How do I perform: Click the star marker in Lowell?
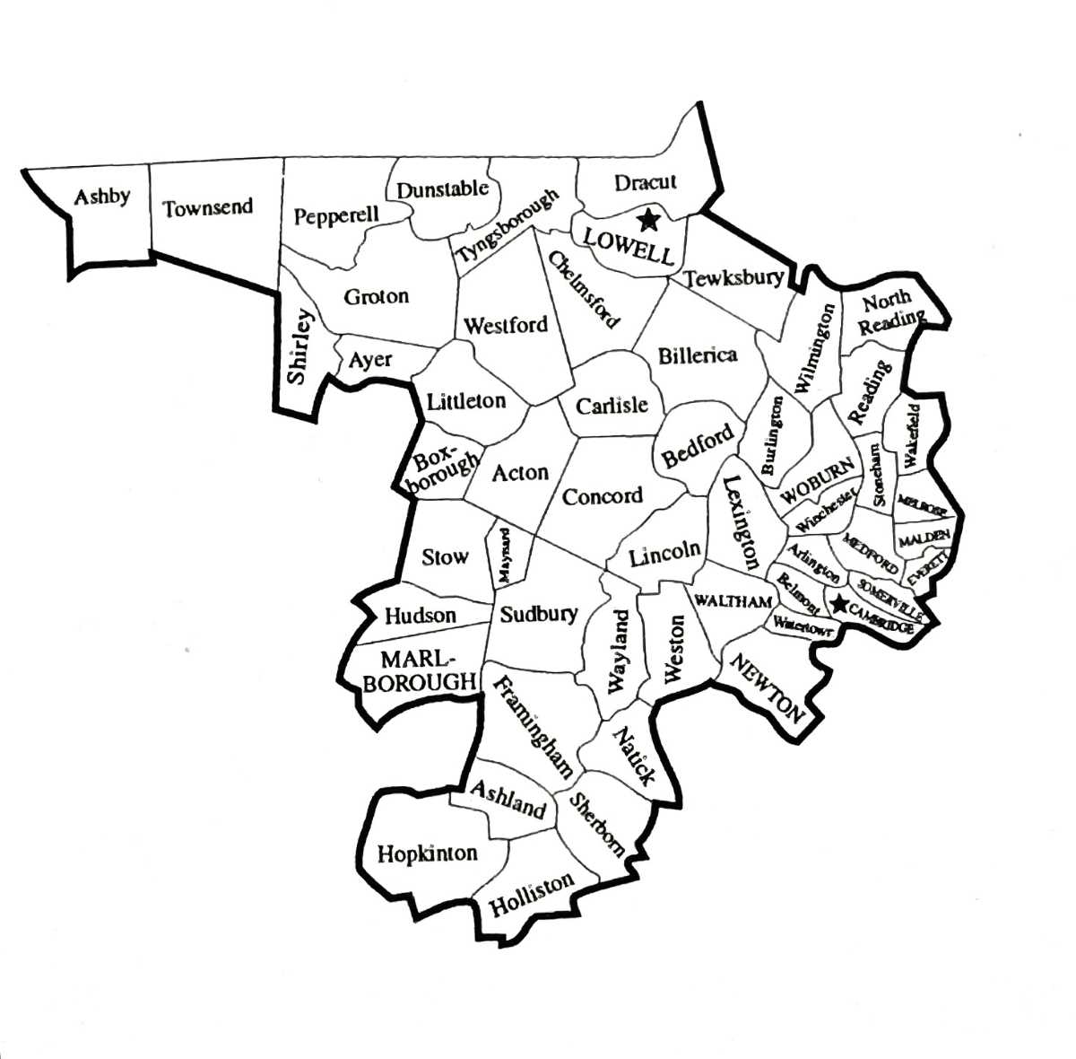pyautogui.click(x=646, y=219)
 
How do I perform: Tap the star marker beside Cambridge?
pyautogui.click(x=839, y=604)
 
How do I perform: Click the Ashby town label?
pyautogui.click(x=102, y=197)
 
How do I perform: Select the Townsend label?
pyautogui.click(x=207, y=207)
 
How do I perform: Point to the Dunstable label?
pyautogui.click(x=442, y=189)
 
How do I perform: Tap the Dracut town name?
pyautogui.click(x=645, y=182)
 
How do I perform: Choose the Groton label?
pyautogui.click(x=377, y=296)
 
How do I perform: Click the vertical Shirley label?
pyautogui.click(x=300, y=346)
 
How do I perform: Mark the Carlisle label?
pyautogui.click(x=612, y=406)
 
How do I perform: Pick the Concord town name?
pyautogui.click(x=603, y=495)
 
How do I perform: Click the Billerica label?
pyautogui.click(x=698, y=355)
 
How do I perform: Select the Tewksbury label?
pyautogui.click(x=733, y=278)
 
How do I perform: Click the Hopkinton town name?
pyautogui.click(x=428, y=853)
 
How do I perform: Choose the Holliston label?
pyautogui.click(x=531, y=895)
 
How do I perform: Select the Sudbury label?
pyautogui.click(x=539, y=615)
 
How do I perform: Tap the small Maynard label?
pyautogui.click(x=504, y=555)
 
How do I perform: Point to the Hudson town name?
pyautogui.click(x=420, y=616)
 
